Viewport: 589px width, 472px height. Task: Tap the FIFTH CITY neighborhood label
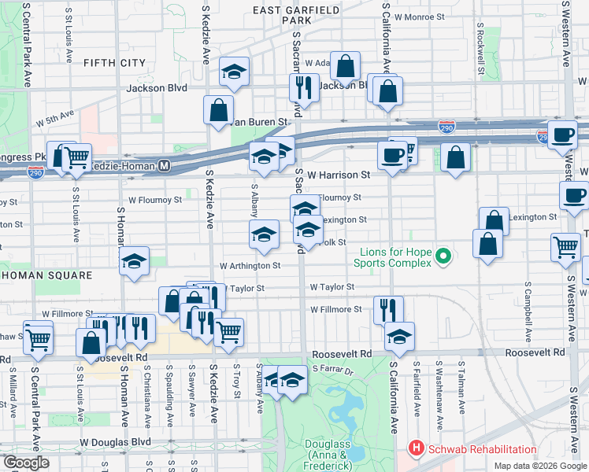click(114, 62)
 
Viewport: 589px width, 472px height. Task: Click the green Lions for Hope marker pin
click(444, 256)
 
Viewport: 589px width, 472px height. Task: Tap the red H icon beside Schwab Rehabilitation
click(415, 449)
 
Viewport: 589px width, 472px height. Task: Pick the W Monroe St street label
click(419, 16)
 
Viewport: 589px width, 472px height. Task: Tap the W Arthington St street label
click(250, 266)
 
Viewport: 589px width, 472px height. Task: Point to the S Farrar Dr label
click(335, 367)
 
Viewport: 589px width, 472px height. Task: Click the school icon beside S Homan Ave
click(135, 261)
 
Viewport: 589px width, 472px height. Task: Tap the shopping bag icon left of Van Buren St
click(218, 109)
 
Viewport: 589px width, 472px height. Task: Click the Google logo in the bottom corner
click(26, 463)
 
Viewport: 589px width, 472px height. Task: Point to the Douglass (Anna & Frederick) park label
click(327, 455)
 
